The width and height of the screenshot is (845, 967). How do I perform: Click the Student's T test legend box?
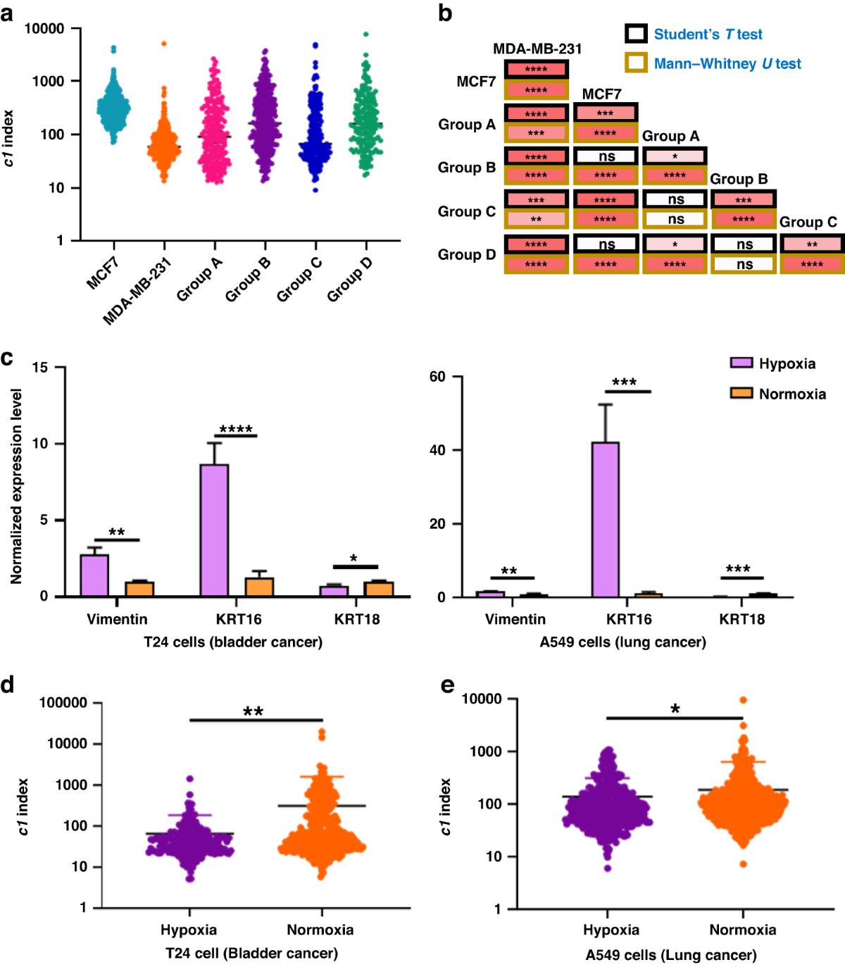coord(636,34)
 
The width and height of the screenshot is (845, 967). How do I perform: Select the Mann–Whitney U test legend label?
coord(727,64)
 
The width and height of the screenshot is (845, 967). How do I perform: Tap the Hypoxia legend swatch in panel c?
coord(741,363)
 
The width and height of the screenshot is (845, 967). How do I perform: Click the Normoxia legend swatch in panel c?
coord(741,393)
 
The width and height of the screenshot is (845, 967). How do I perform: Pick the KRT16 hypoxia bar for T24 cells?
coord(214,530)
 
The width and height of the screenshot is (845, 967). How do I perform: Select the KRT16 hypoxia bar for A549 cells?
coord(606,519)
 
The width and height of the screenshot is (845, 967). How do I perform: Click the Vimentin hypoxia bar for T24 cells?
coord(94,575)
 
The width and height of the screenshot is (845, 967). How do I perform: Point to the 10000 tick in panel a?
coord(44,29)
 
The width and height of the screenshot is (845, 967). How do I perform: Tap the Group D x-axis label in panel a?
coord(349,280)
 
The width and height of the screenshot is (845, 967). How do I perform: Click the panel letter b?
coord(445,13)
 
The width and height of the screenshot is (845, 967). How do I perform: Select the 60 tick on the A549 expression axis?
coord(437,377)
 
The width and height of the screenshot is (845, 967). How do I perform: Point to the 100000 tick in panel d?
coord(63,702)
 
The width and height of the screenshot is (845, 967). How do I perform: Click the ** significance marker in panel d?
coord(254,711)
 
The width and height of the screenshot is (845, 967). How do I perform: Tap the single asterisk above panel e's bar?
coord(675,709)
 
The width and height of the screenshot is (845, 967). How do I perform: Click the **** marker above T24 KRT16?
coord(236,430)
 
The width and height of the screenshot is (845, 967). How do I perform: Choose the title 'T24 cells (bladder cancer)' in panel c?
coord(233,642)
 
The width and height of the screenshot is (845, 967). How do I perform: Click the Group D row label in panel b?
coord(467,254)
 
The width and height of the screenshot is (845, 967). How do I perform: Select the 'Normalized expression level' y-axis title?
coord(16,486)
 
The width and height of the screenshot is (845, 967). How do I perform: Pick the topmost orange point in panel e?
coord(743,700)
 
